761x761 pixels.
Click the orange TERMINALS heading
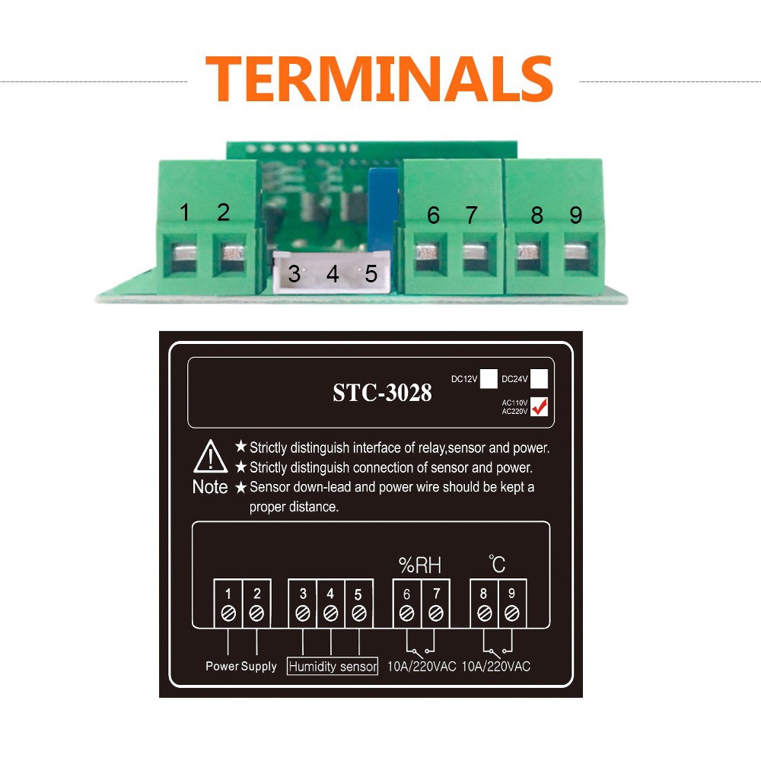click(x=379, y=78)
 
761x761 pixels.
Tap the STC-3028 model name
click(x=382, y=393)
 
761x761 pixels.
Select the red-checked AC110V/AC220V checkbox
click(x=540, y=407)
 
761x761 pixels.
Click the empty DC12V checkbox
click(x=489, y=377)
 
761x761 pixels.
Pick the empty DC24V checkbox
click(x=540, y=377)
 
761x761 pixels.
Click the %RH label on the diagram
click(x=420, y=565)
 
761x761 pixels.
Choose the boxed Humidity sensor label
click(x=333, y=667)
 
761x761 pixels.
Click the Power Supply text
click(x=241, y=667)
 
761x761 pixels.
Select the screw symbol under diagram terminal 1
click(x=228, y=612)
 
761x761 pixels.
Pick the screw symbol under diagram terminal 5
click(x=358, y=612)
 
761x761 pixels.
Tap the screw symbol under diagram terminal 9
click(x=512, y=612)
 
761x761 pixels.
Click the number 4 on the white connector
click(x=333, y=274)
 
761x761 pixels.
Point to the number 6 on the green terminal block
click(x=433, y=215)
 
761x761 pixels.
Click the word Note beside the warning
click(x=209, y=487)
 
